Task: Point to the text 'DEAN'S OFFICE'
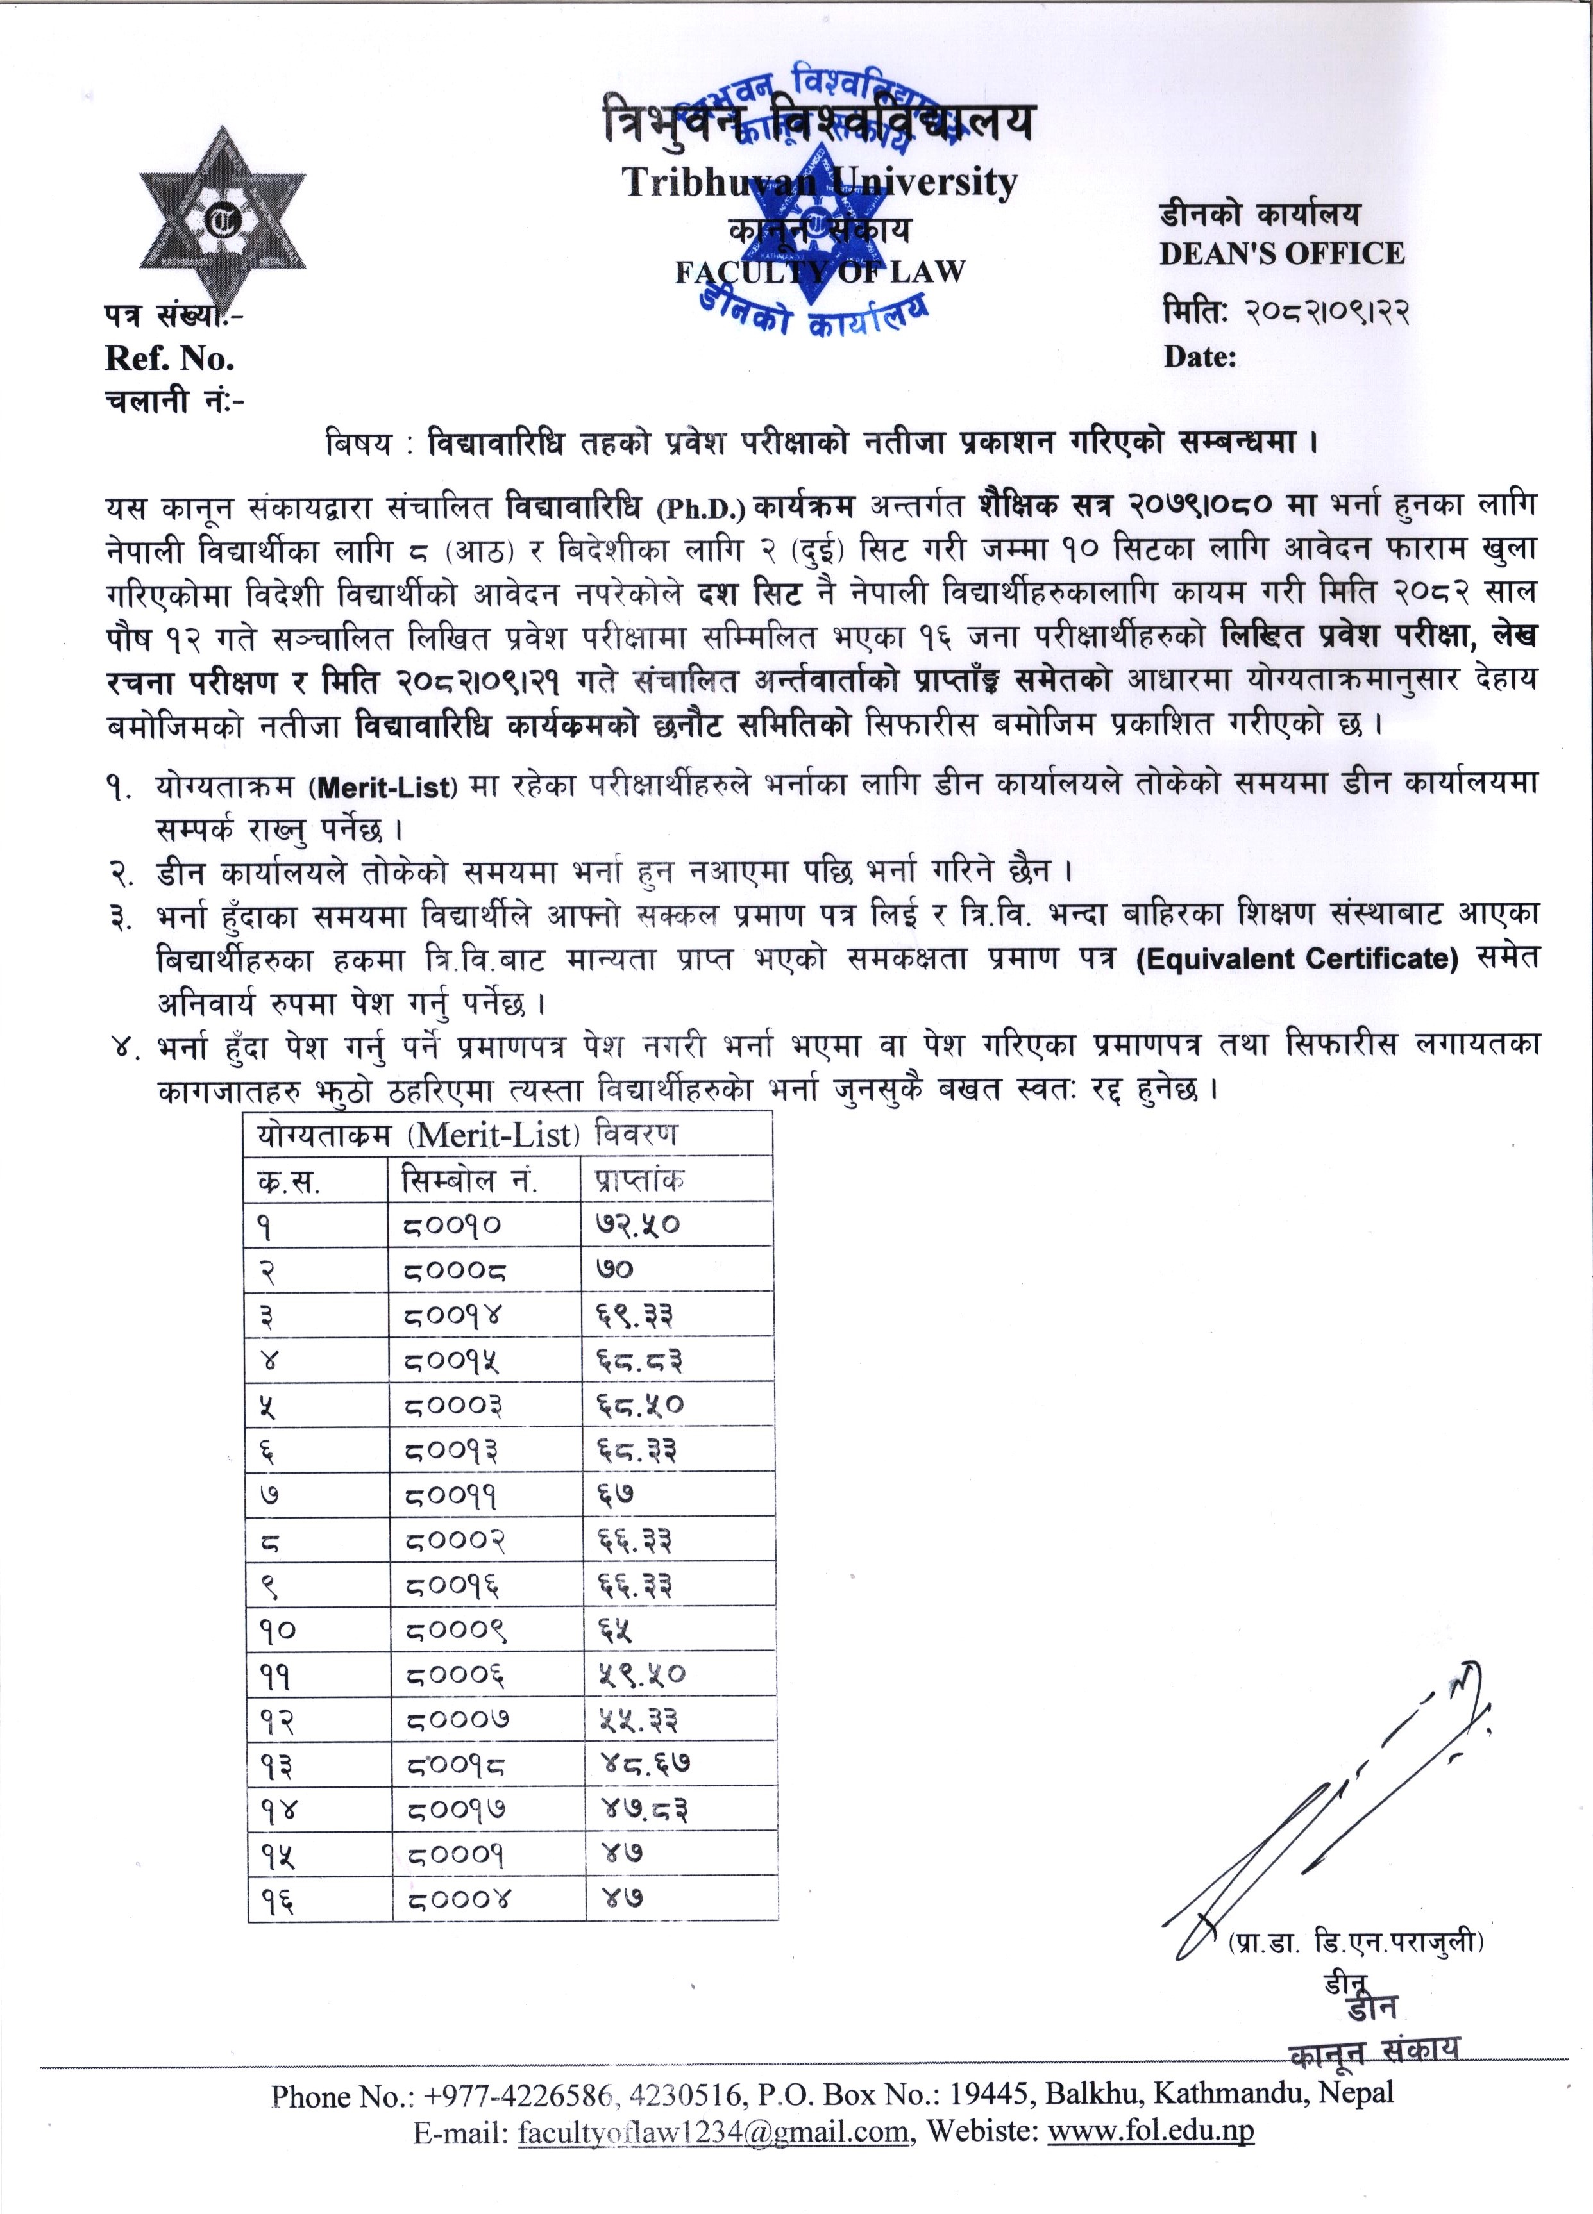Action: pyautogui.click(x=1281, y=254)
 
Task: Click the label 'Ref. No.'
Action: pyautogui.click(x=169, y=359)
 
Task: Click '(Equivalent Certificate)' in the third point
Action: pyautogui.click(x=1296, y=959)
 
